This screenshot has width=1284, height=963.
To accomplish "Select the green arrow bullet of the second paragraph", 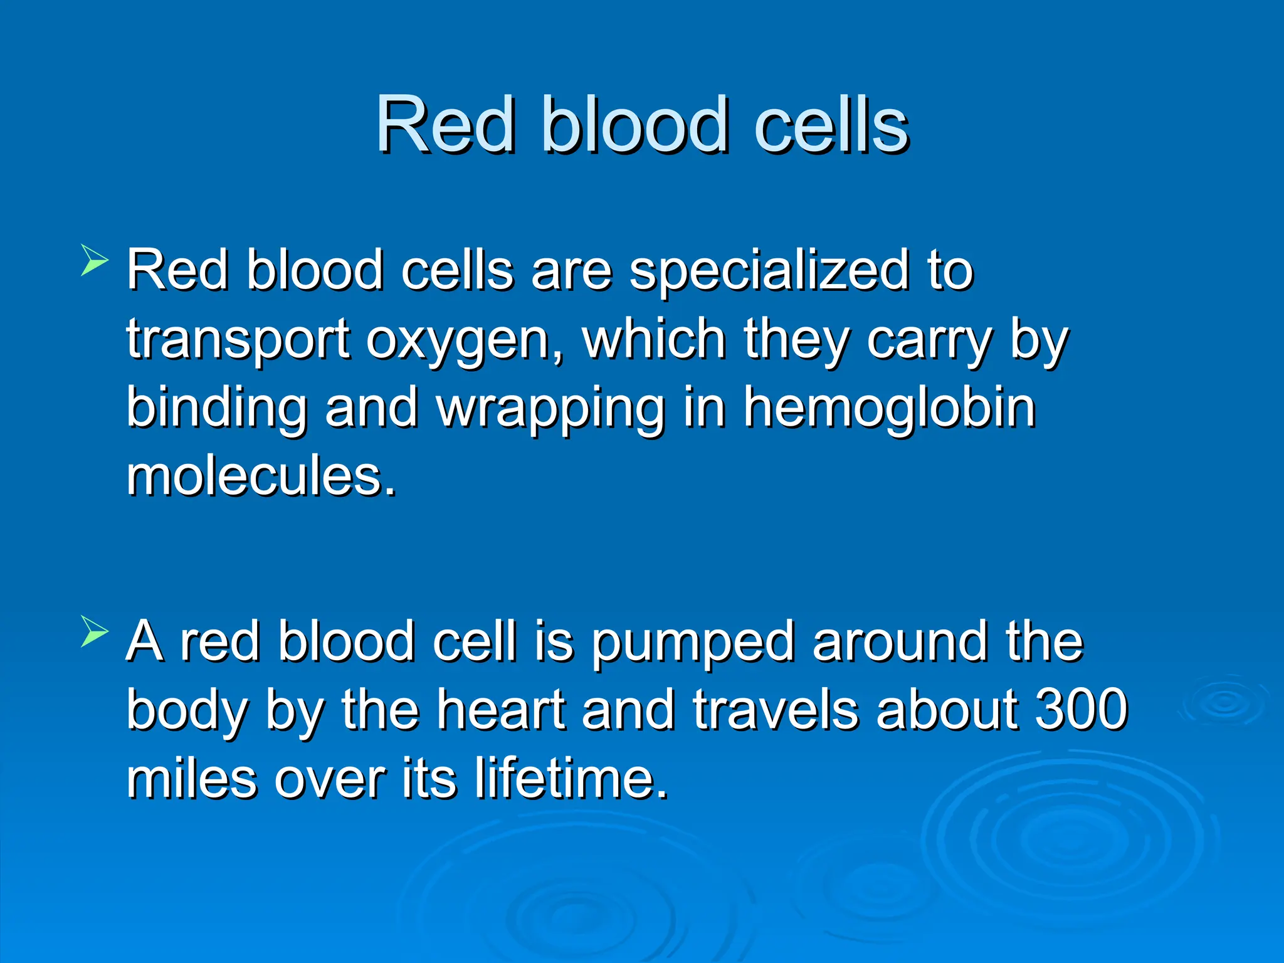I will click(94, 631).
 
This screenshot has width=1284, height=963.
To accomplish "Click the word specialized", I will click(769, 271).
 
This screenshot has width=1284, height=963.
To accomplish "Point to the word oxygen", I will click(465, 340).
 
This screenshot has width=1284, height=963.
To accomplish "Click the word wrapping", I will click(550, 409).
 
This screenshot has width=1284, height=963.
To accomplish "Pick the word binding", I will click(216, 409).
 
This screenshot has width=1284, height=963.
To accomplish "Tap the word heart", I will click(501, 709).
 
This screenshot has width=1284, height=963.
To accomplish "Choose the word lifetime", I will click(570, 778).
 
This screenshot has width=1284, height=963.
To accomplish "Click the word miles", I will click(191, 778).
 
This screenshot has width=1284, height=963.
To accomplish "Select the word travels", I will click(775, 709).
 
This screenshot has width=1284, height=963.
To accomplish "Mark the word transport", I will click(237, 340).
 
